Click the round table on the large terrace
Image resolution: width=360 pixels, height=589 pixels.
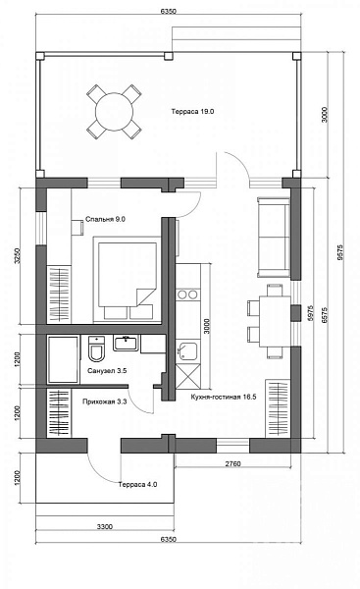(x=114, y=112)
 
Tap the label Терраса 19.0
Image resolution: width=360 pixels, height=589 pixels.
(x=192, y=112)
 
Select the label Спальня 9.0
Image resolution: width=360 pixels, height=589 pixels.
(x=105, y=219)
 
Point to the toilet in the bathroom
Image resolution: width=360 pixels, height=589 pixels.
(x=97, y=348)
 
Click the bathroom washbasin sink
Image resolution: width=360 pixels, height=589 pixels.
(x=127, y=343)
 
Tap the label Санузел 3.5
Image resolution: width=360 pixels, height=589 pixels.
(x=107, y=371)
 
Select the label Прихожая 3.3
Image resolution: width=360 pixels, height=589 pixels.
(x=104, y=402)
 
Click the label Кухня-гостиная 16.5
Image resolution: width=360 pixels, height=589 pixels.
(x=224, y=397)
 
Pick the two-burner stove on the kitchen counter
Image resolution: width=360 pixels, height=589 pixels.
(x=187, y=294)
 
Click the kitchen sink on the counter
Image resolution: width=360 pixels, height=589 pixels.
(x=187, y=351)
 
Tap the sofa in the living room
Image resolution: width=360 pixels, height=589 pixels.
(x=274, y=238)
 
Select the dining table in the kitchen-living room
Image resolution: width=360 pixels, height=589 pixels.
(x=276, y=322)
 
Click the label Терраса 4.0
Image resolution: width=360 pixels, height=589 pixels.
(x=137, y=485)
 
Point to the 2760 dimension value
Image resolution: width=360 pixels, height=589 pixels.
(x=232, y=463)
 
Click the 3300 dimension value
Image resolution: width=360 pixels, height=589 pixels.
(x=105, y=526)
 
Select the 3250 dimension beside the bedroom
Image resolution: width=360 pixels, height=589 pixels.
(x=17, y=255)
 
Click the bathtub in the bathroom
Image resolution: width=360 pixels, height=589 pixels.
(x=63, y=359)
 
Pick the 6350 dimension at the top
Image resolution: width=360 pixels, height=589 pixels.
(x=168, y=11)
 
